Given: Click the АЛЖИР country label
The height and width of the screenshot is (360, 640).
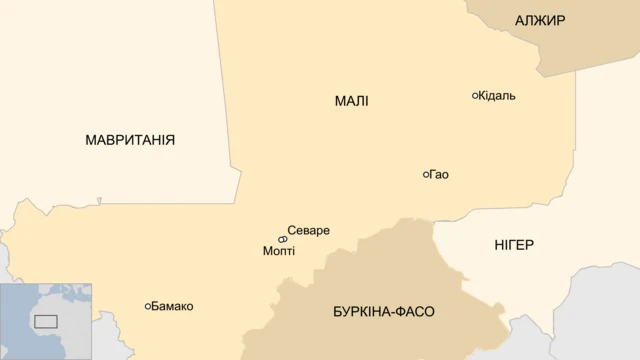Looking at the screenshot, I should click(540, 20).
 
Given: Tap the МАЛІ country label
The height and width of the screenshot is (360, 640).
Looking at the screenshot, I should click(351, 101).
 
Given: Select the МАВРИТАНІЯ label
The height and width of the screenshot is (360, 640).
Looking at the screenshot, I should click(130, 140).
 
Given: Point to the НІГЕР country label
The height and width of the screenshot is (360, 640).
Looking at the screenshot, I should click(514, 245).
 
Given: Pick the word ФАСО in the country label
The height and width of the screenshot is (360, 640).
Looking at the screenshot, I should click(418, 311).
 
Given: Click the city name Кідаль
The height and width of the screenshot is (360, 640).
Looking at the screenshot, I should click(498, 96).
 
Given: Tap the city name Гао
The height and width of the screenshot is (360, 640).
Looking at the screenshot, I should click(440, 175).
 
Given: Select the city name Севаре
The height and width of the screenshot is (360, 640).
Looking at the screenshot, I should click(308, 231).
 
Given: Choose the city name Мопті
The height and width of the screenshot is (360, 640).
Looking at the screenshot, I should click(279, 251).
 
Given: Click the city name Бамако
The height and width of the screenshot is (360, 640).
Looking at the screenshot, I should click(173, 306).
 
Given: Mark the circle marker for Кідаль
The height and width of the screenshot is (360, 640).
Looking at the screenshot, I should click(476, 96).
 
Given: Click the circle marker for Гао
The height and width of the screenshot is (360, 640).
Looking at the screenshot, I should click(427, 175).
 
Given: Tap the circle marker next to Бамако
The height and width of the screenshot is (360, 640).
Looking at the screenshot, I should click(148, 306).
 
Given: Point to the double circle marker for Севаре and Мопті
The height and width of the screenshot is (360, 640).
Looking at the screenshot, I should click(283, 239).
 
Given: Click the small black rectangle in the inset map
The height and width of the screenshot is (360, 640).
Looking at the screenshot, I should click(46, 321).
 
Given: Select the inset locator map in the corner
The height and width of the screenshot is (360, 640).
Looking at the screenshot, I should click(46, 321).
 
